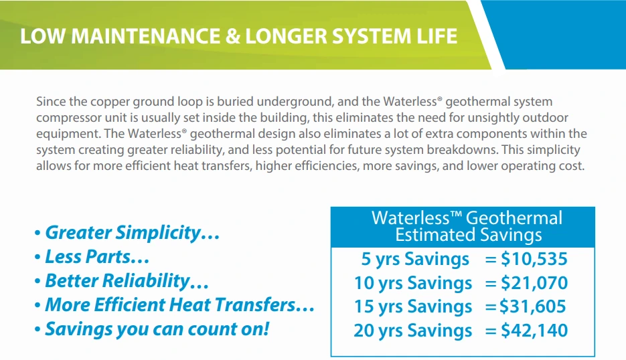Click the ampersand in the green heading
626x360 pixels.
click(232, 36)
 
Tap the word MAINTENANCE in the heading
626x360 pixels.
click(145, 36)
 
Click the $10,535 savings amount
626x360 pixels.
click(534, 259)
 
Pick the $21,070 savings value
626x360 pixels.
click(534, 282)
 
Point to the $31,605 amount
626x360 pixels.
click(532, 306)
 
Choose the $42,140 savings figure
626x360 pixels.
click(534, 330)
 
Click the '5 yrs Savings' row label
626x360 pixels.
click(415, 260)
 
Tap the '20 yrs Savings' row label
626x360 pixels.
click(413, 331)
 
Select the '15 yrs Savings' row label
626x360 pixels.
click(413, 307)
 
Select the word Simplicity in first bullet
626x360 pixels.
click(158, 233)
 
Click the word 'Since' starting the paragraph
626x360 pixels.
click(51, 101)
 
